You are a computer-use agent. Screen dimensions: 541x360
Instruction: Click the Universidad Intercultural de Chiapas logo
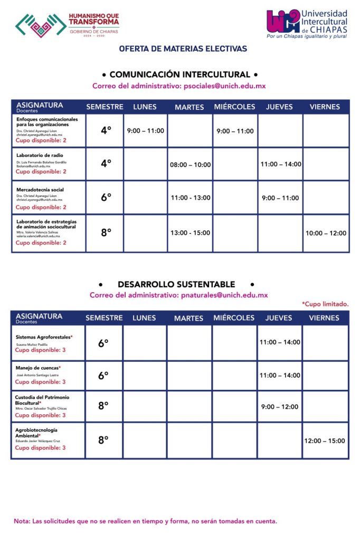pos(307,24)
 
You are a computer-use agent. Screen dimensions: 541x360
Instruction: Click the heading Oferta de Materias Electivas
pos(183,49)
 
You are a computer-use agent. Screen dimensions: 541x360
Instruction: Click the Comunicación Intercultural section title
pos(179,74)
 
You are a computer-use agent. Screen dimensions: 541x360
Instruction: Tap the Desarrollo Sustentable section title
pos(176,284)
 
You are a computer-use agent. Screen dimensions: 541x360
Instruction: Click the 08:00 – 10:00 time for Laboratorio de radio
pos(190,165)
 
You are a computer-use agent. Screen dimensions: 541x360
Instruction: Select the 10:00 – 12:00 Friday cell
pos(325,233)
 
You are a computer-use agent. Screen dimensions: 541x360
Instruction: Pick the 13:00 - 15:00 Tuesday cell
pos(190,233)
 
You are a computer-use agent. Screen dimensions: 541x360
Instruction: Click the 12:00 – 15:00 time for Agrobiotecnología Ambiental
pos(325,441)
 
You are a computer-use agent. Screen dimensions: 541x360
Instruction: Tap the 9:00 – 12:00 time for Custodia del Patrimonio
pos(280,407)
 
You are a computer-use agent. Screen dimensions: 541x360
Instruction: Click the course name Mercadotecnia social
pos(40,190)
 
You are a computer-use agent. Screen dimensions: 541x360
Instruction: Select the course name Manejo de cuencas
pos(37,368)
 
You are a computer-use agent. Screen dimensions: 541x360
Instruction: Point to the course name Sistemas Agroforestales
pos(43,337)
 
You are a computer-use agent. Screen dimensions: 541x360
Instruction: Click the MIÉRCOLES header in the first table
pos(234,107)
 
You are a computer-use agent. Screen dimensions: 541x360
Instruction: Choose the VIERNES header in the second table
pos(324,318)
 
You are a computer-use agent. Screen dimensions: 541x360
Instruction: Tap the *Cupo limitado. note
pos(325,304)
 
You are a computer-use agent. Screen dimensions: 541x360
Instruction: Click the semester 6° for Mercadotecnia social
pos(106,198)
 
